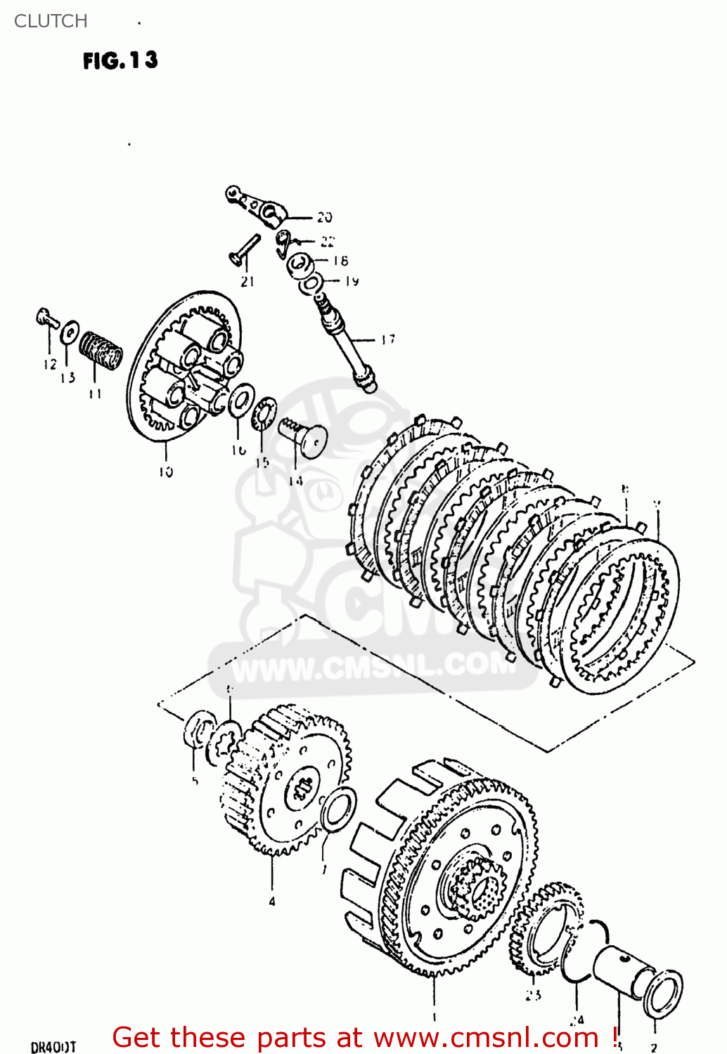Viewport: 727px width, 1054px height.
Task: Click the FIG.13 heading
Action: (120, 60)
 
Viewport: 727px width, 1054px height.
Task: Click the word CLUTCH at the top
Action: (51, 21)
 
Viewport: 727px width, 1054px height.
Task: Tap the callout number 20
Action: (323, 217)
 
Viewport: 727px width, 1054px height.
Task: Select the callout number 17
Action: (388, 339)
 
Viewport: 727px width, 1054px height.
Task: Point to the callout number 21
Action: (247, 282)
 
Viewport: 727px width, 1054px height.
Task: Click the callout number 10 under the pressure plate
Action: (165, 472)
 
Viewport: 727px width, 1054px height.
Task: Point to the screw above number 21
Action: (245, 249)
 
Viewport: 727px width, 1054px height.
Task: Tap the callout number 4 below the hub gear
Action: (272, 902)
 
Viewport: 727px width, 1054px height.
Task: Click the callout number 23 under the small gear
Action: (533, 994)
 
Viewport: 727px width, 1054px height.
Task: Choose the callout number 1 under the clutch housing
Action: (434, 1017)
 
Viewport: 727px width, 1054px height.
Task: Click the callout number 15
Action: (262, 462)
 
